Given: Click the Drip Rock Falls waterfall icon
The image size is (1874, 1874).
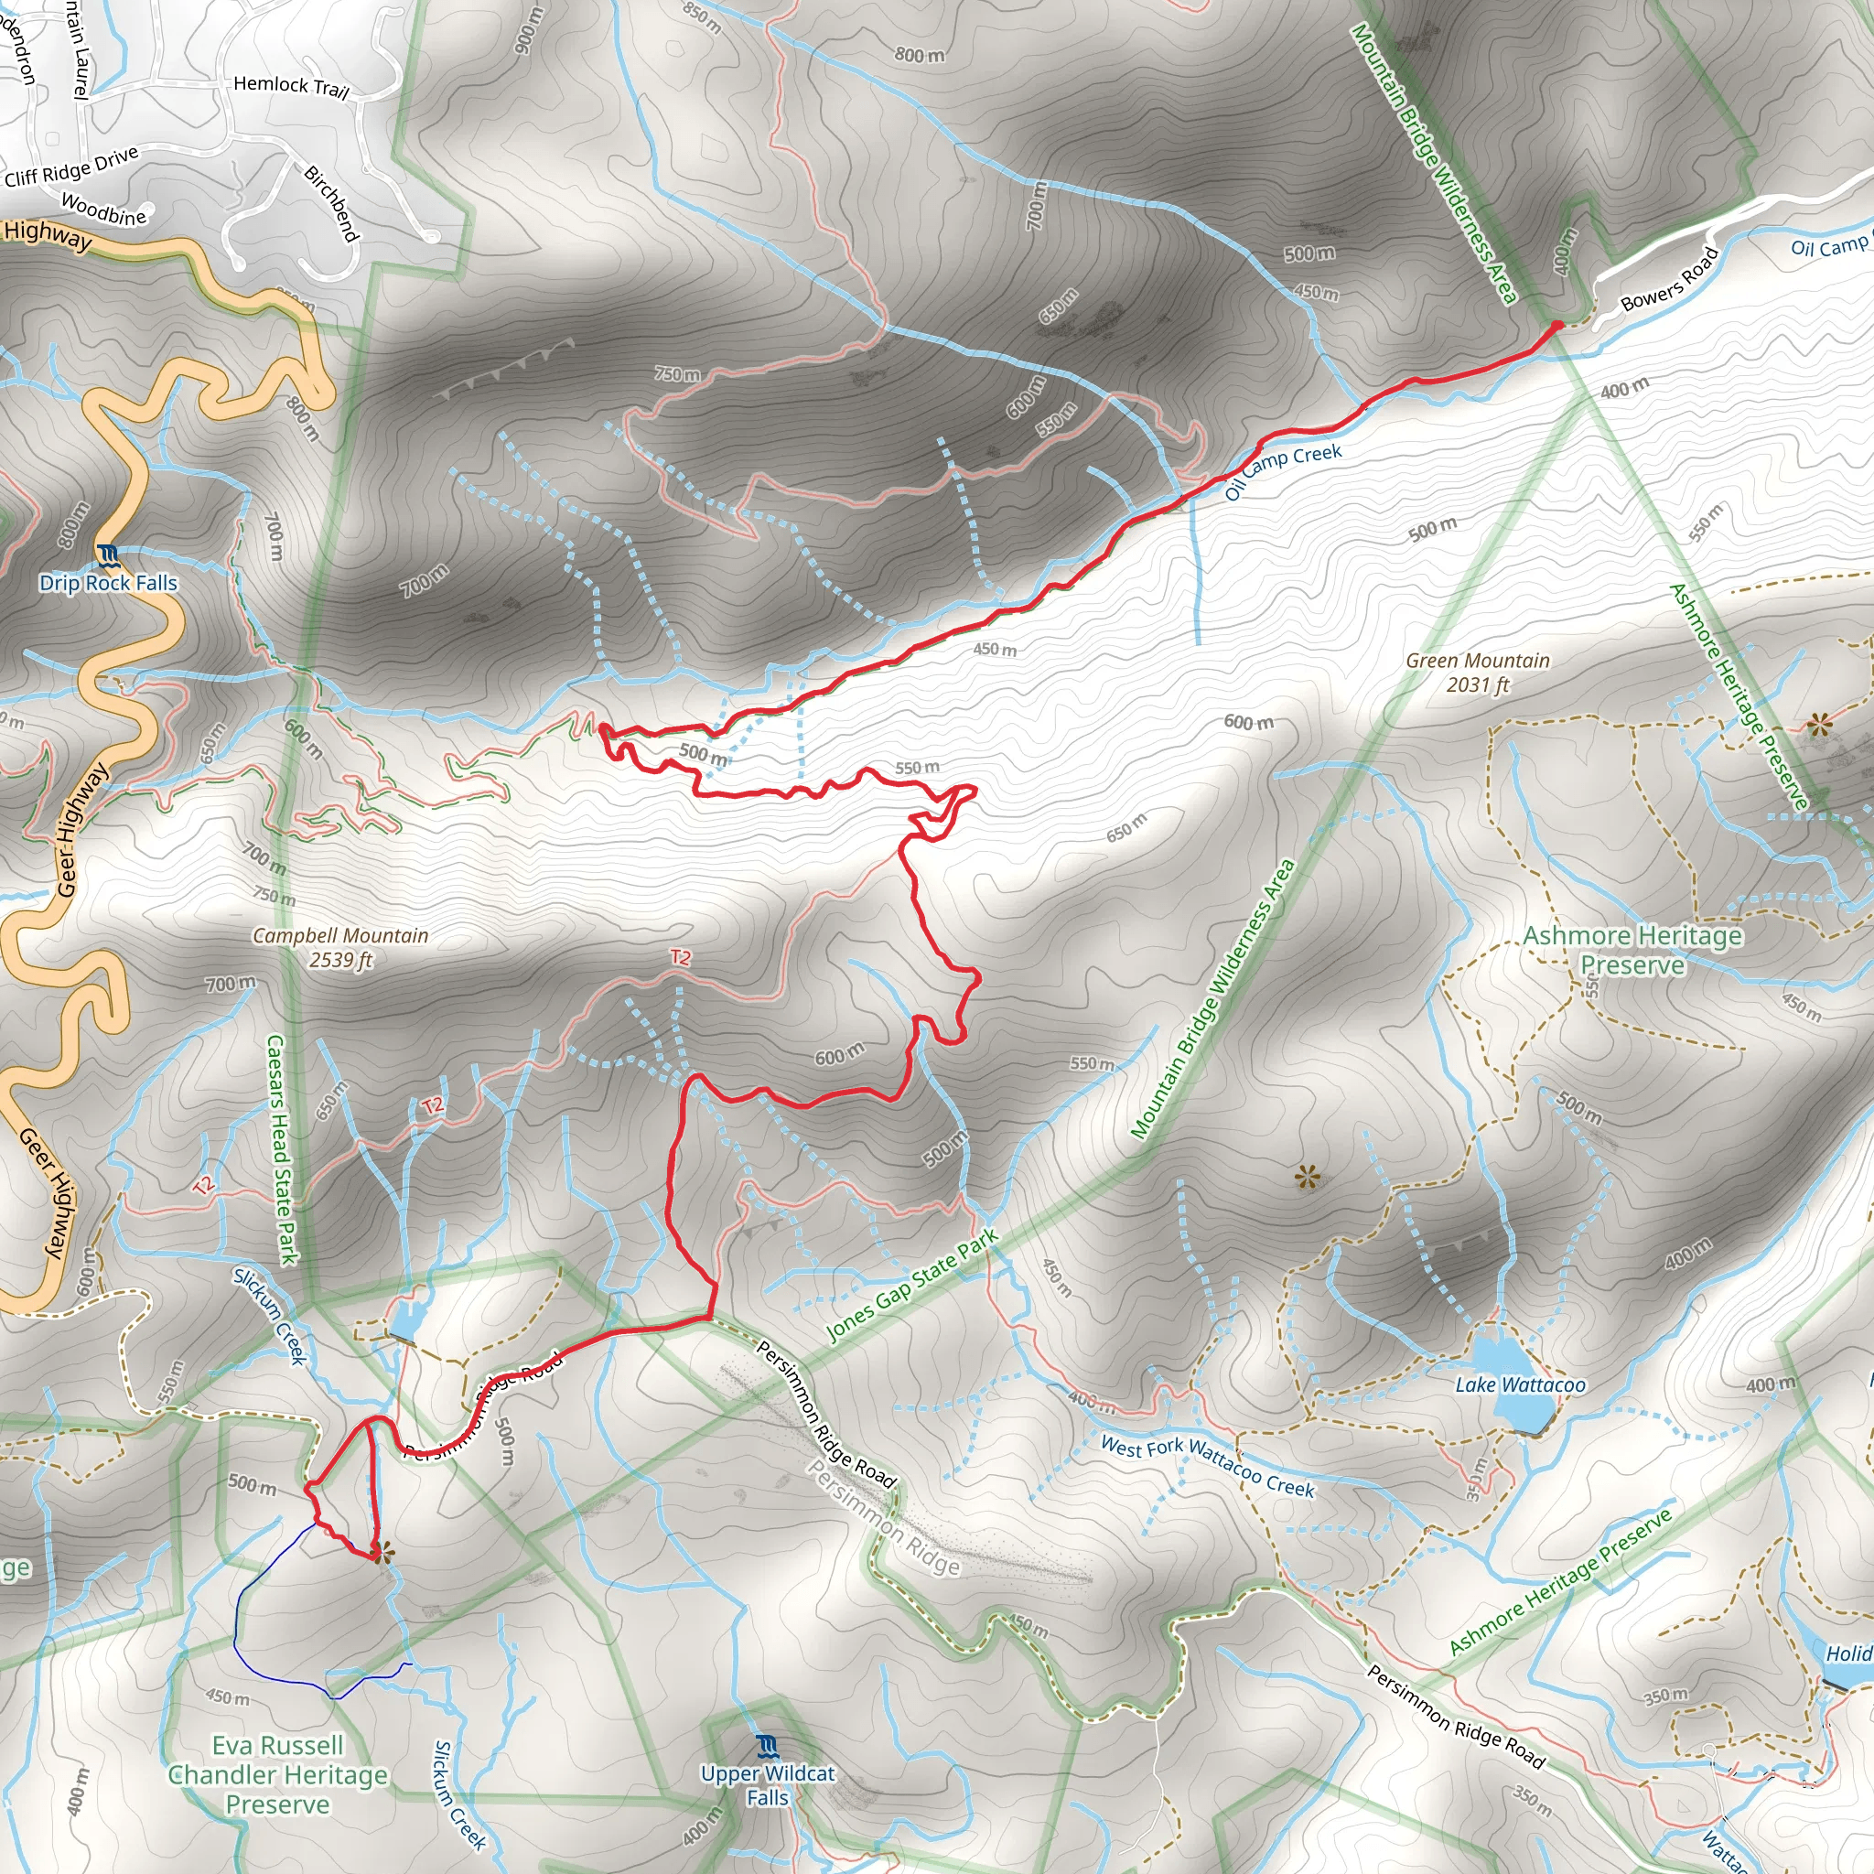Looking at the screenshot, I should (107, 555).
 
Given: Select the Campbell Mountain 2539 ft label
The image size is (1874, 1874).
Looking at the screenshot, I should (340, 948).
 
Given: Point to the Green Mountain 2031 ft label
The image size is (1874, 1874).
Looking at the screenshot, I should (1477, 673).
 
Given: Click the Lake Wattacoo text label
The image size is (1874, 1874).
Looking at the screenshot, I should (1520, 1385).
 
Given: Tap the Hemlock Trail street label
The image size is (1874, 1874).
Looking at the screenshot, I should (291, 86).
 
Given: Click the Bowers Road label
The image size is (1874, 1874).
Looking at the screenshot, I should (1669, 280).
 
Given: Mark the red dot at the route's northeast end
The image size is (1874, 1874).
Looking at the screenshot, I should (1556, 326).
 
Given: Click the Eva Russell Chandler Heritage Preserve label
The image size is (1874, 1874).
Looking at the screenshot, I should (277, 1774).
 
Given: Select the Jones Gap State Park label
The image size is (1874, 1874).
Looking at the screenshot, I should (910, 1286).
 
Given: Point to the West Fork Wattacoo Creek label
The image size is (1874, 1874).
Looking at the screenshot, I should (1207, 1466).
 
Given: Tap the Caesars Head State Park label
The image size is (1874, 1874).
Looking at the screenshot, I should (280, 1149).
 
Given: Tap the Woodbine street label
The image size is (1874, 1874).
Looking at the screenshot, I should (103, 209).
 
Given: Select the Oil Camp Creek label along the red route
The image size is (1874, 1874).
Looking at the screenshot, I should (1282, 470).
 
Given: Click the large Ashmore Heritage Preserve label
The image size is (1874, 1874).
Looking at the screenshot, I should (1632, 950).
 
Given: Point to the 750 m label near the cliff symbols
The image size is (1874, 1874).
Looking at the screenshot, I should (676, 373).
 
